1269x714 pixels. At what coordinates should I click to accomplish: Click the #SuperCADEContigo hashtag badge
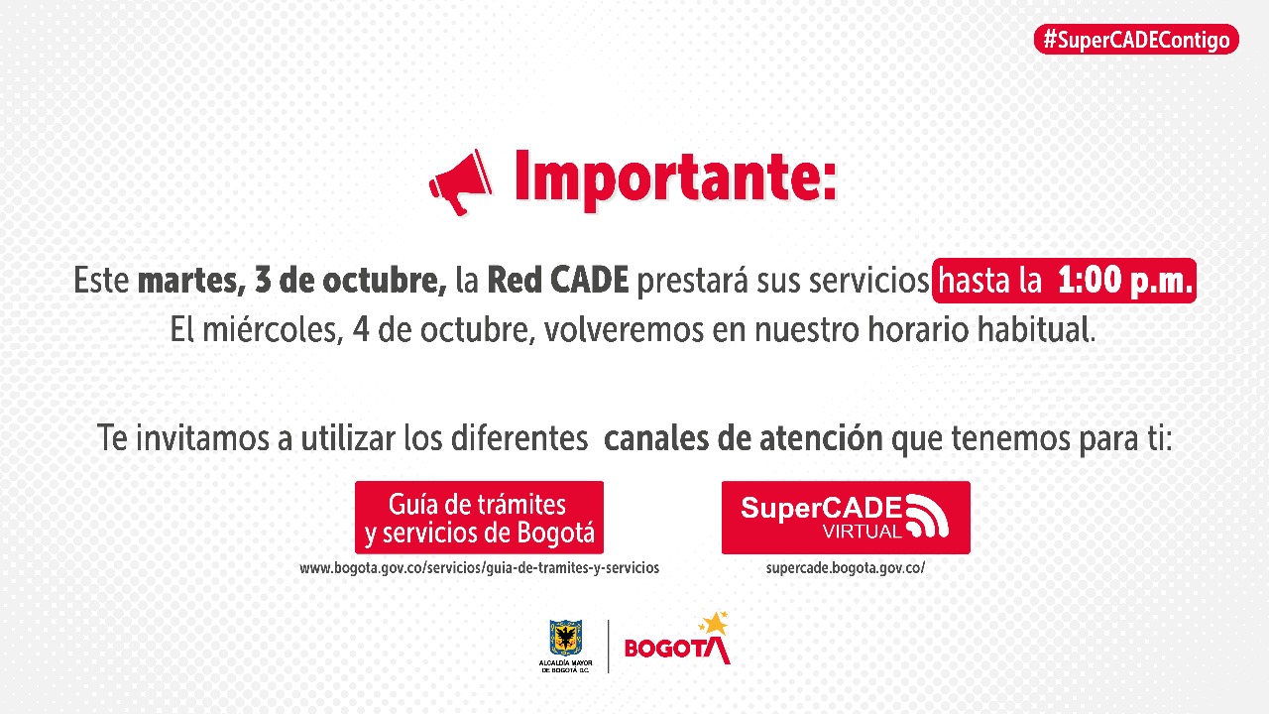click(x=1136, y=40)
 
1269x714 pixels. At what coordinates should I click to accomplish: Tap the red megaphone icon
click(x=461, y=182)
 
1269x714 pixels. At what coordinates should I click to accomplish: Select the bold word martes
click(x=188, y=280)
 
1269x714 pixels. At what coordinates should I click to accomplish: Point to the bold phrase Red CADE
click(x=558, y=280)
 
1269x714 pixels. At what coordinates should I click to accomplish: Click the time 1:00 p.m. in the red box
click(x=1126, y=280)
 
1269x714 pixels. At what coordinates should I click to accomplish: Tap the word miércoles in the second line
click(x=270, y=329)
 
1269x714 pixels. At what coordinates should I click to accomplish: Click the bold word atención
click(x=821, y=438)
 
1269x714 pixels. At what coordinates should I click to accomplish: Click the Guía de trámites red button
click(x=479, y=518)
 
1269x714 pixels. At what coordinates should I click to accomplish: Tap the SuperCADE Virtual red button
click(x=846, y=518)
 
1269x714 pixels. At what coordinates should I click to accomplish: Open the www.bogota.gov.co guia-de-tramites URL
click(x=479, y=568)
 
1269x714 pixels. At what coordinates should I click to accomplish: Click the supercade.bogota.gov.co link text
click(x=846, y=568)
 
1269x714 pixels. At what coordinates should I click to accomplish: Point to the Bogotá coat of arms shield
click(x=565, y=638)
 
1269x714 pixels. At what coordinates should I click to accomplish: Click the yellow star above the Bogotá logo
click(x=716, y=623)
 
